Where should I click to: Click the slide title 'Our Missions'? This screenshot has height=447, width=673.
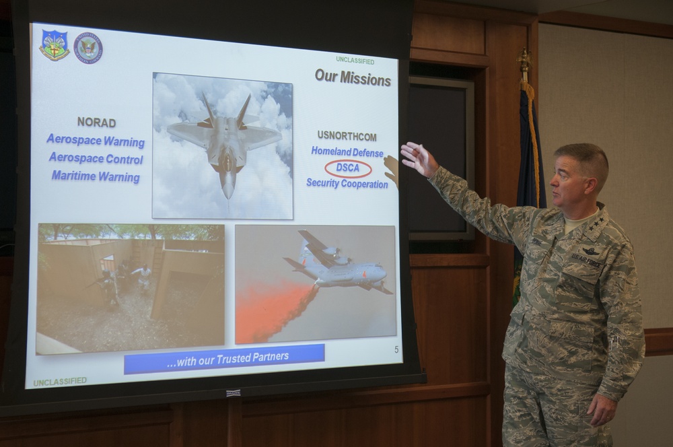[353, 77]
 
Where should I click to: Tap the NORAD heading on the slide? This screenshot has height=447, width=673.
[96, 123]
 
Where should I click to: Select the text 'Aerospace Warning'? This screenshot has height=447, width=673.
[96, 141]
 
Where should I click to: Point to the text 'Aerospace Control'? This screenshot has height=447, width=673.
[95, 160]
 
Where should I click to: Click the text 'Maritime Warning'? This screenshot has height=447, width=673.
[96, 177]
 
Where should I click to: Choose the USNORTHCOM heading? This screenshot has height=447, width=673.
[346, 134]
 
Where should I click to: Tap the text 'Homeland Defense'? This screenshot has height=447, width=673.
[347, 151]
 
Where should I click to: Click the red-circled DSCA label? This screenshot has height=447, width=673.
[348, 168]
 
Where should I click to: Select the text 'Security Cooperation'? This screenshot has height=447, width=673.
[347, 183]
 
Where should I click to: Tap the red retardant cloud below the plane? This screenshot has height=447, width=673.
[273, 310]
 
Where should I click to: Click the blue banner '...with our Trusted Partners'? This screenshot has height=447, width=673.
[224, 358]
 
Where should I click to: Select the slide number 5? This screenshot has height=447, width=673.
[396, 349]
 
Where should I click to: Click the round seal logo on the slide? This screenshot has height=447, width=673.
[88, 48]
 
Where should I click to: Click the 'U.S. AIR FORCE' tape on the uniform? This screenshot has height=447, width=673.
[586, 260]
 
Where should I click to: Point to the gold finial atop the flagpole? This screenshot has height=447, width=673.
[524, 63]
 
